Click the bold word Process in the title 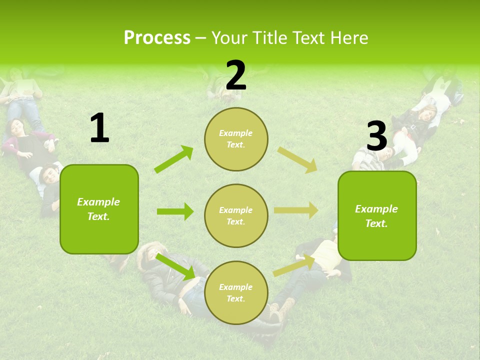pyautogui.click(x=157, y=37)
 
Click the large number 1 pyautogui.click(x=99, y=128)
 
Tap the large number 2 pyautogui.click(x=236, y=75)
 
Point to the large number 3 pyautogui.click(x=376, y=135)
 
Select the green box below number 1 pyautogui.click(x=99, y=209)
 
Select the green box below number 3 pyautogui.click(x=377, y=215)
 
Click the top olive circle pyautogui.click(x=236, y=139)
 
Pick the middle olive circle pyautogui.click(x=236, y=215)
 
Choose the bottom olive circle pyautogui.click(x=236, y=292)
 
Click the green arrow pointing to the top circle pyautogui.click(x=173, y=159)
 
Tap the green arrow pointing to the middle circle pyautogui.click(x=175, y=211)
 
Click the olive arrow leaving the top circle pyautogui.click(x=297, y=160)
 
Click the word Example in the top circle pyautogui.click(x=235, y=133)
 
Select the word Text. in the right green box pyautogui.click(x=376, y=223)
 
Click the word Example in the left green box pyautogui.click(x=98, y=202)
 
